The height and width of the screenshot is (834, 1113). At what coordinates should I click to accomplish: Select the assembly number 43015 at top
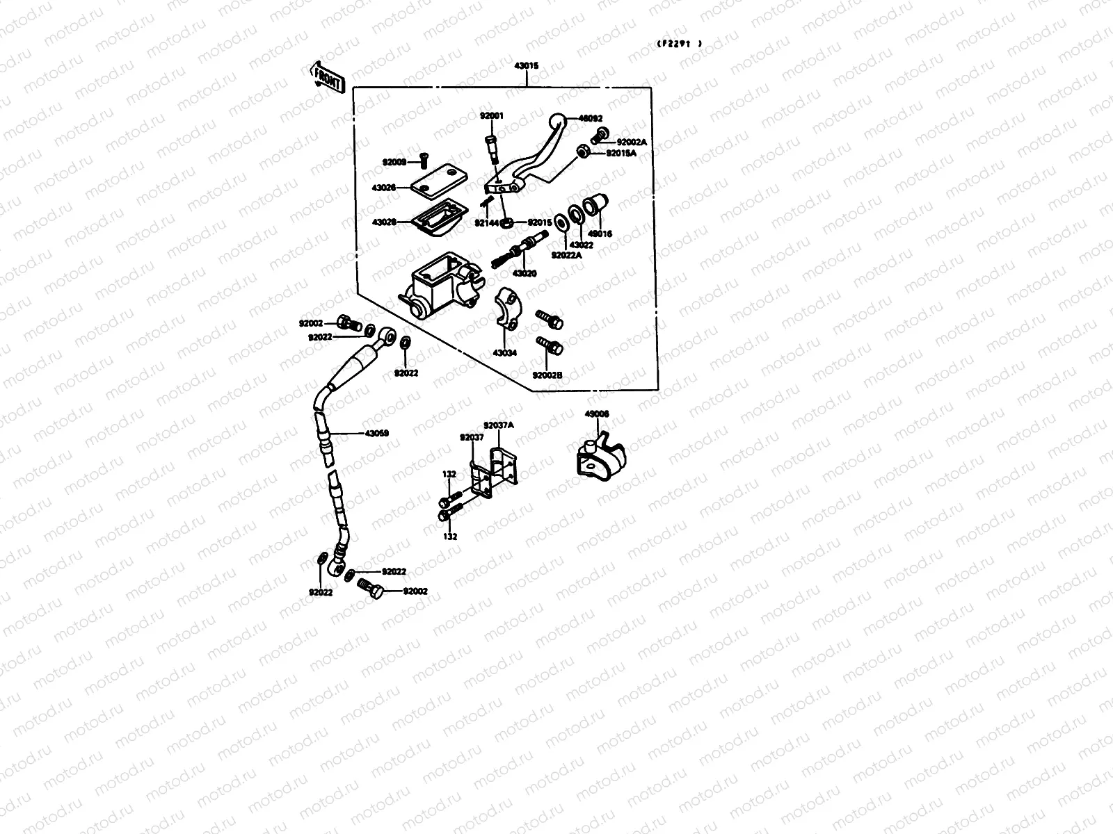[x=527, y=65]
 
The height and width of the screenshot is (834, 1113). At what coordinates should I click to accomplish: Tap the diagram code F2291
[x=679, y=43]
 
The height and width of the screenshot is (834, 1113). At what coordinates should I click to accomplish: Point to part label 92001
[x=491, y=115]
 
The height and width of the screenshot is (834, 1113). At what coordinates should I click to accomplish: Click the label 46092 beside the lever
[x=591, y=119]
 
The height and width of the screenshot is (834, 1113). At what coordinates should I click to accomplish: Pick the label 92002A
[x=632, y=142]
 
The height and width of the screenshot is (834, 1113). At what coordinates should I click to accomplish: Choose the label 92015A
[x=621, y=153]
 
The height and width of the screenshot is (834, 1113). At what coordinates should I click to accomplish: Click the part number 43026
[x=384, y=188]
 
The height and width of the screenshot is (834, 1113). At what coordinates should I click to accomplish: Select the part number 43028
[x=384, y=222]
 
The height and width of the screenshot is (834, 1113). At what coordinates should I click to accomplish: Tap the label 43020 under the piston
[x=525, y=273]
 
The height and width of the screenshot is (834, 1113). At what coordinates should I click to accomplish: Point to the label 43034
[x=505, y=353]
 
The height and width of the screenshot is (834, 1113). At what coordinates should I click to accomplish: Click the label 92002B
[x=547, y=375]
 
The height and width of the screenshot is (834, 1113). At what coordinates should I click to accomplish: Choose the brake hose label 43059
[x=376, y=433]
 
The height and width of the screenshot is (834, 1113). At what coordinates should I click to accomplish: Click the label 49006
[x=597, y=414]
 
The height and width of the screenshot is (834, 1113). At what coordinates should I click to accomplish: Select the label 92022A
[x=566, y=255]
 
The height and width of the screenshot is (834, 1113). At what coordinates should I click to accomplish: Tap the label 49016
[x=600, y=234]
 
